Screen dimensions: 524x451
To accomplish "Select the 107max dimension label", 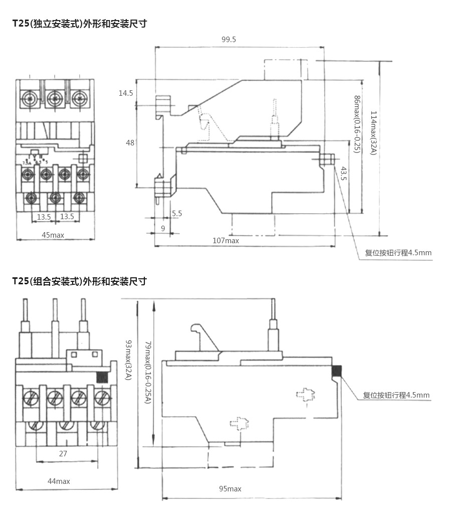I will tap(225, 240).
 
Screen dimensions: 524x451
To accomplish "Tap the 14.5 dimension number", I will tap(126, 93).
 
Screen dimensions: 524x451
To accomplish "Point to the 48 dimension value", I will tap(130, 143).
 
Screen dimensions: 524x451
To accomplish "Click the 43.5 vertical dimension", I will tap(343, 173).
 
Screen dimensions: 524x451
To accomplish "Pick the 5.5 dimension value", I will tap(177, 213).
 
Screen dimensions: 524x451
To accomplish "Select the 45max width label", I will tap(53, 235).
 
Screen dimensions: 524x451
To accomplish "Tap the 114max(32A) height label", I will tap(373, 132).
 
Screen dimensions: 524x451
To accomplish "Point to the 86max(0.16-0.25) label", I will tap(357, 124).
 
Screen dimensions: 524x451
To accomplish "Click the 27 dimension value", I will tap(63, 453).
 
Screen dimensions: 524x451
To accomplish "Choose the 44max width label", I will tap(59, 481).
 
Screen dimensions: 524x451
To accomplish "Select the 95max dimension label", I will tap(230, 488).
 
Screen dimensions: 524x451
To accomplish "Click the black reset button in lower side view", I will tap(336, 371).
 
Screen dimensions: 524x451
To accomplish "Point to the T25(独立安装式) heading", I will tap(80, 24).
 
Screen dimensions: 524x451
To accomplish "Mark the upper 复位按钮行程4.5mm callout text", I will tap(398, 253).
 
